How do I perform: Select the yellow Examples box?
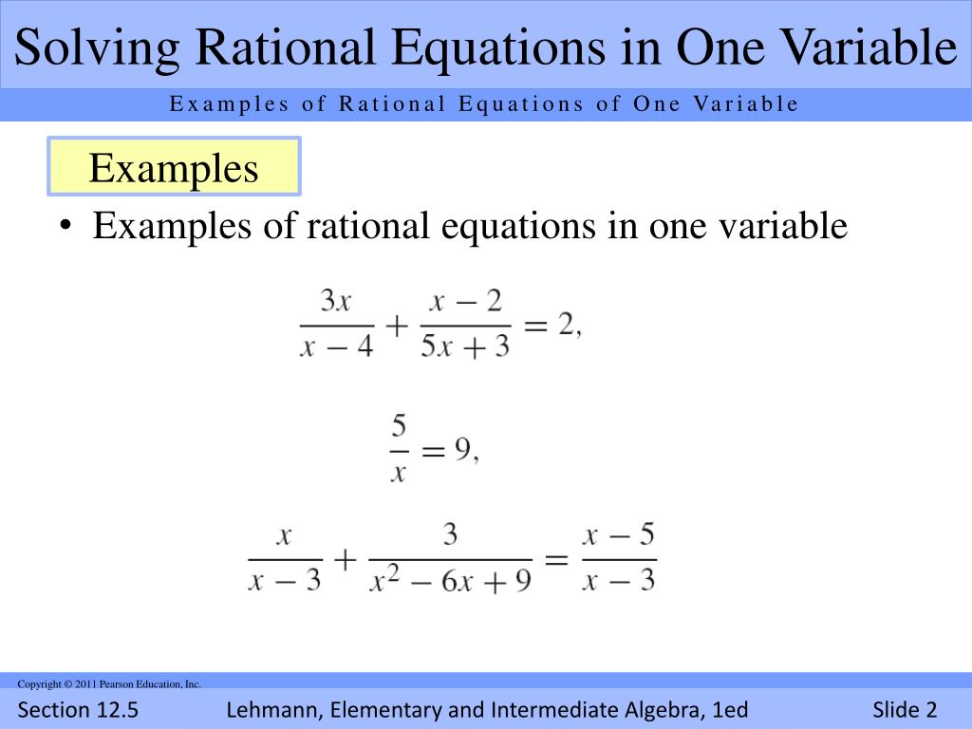174,168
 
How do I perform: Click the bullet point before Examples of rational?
65,228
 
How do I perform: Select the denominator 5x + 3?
465,346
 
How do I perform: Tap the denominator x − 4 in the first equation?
337,346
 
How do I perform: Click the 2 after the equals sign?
566,325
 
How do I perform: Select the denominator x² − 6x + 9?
451,580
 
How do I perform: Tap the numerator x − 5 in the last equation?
619,535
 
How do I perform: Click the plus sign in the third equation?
345,559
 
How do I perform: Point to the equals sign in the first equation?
535,326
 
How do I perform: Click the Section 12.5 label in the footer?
78,710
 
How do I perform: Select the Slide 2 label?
905,710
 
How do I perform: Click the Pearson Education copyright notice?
109,683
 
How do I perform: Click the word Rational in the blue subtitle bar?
392,104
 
